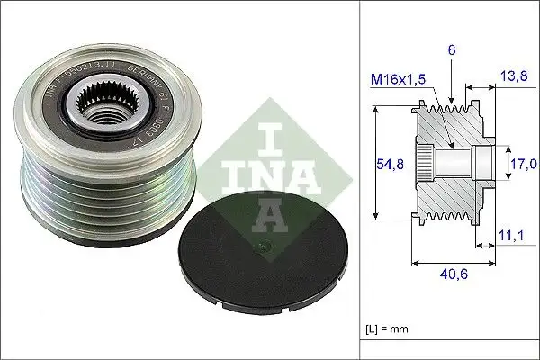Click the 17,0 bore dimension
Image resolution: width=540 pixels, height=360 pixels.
524,164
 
